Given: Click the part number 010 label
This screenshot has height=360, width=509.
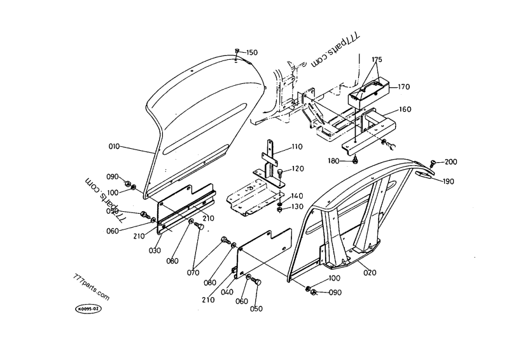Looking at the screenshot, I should (x=114, y=147).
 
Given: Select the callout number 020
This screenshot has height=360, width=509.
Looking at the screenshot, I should (x=370, y=272).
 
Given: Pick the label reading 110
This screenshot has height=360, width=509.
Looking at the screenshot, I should (x=297, y=147).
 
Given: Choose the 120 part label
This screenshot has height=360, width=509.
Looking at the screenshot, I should (x=298, y=169).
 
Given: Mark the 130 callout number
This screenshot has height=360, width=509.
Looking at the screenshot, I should (x=298, y=207).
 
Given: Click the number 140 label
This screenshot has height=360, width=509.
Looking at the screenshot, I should (x=298, y=196).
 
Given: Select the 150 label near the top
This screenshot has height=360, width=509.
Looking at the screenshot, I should (x=253, y=52).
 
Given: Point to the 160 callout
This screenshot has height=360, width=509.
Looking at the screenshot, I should (x=405, y=109).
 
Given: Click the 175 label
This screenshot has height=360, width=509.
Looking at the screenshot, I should (x=377, y=59).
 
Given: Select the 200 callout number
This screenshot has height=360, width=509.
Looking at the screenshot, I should (x=450, y=162).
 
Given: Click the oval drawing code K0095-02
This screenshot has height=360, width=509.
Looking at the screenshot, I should (x=88, y=308).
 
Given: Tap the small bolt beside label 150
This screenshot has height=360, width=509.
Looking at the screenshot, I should (x=237, y=52).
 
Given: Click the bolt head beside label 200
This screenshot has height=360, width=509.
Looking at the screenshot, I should (x=433, y=163).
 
